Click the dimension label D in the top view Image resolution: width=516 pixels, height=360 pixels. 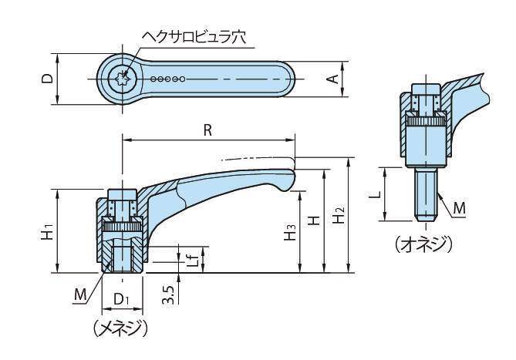point(47,79)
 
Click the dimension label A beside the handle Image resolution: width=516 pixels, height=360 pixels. point(335,79)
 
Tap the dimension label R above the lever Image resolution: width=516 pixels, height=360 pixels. point(207,130)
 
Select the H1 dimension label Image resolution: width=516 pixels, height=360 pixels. point(46,230)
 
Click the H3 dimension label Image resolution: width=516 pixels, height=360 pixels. point(289,230)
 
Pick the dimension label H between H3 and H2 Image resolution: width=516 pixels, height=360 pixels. point(314,220)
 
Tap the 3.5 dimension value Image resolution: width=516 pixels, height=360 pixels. point(167,294)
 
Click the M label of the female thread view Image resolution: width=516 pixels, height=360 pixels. point(81,294)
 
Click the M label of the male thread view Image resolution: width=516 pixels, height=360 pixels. point(459,207)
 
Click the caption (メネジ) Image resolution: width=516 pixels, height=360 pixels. point(120,328)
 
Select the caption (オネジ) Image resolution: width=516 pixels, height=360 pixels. point(423,244)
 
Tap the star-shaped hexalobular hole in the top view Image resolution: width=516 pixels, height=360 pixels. point(120,78)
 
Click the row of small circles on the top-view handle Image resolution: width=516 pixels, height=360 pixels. point(168,78)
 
